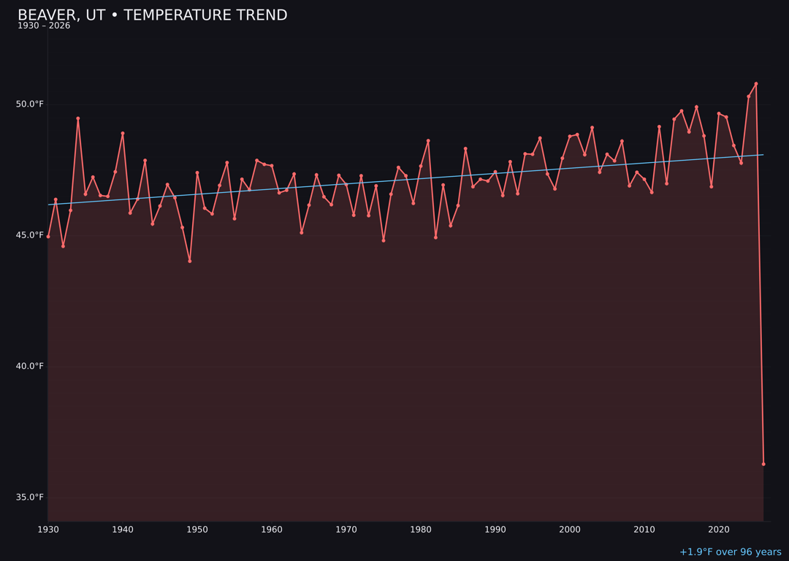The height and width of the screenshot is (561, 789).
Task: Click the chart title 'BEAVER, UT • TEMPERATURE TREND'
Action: click(x=152, y=15)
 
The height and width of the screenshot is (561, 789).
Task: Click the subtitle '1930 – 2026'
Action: click(x=44, y=26)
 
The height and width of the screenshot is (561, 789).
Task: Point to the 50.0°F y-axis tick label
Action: click(x=30, y=104)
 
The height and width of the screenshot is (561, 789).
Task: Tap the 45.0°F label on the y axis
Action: click(x=30, y=235)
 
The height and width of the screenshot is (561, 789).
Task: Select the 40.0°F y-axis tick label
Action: click(x=30, y=366)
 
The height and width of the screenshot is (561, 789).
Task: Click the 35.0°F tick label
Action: click(x=30, y=497)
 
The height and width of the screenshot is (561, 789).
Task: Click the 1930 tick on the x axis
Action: click(x=48, y=530)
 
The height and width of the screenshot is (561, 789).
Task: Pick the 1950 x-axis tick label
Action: click(x=197, y=530)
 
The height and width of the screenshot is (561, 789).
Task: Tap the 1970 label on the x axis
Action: click(x=346, y=530)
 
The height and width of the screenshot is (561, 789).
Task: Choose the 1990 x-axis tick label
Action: click(x=495, y=530)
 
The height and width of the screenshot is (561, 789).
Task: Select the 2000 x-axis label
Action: click(x=570, y=530)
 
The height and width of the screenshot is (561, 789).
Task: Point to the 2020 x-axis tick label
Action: click(x=719, y=530)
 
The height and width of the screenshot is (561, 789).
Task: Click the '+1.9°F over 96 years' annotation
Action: click(x=730, y=552)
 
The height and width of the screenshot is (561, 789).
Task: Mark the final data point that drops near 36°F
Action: click(x=763, y=464)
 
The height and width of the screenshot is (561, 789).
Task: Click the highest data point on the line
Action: click(x=756, y=84)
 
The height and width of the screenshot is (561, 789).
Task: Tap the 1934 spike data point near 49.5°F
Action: click(x=78, y=118)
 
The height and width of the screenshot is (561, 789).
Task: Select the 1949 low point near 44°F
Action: click(x=190, y=261)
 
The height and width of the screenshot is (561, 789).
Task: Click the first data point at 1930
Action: click(x=48, y=237)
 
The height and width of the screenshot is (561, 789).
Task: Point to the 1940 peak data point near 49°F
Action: click(x=123, y=134)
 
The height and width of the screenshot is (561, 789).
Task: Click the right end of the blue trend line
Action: click(x=763, y=155)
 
